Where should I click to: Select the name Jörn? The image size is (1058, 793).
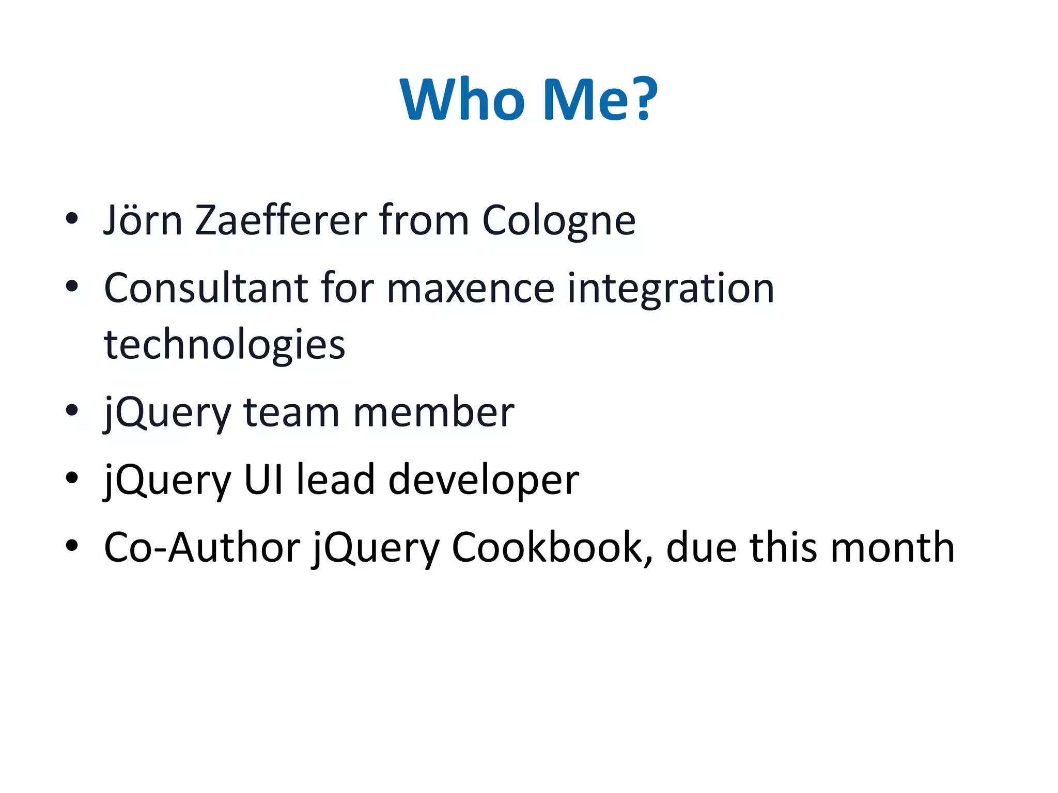143,221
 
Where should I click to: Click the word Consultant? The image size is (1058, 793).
206,288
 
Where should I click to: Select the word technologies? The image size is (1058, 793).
225,345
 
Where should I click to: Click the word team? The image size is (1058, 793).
291,413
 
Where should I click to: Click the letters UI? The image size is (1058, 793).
263,480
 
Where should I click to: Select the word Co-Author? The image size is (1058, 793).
202,548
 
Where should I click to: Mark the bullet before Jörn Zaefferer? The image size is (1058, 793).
72,218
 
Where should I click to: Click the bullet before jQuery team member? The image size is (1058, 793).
72,410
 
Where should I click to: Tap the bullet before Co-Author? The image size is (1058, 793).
72,545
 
